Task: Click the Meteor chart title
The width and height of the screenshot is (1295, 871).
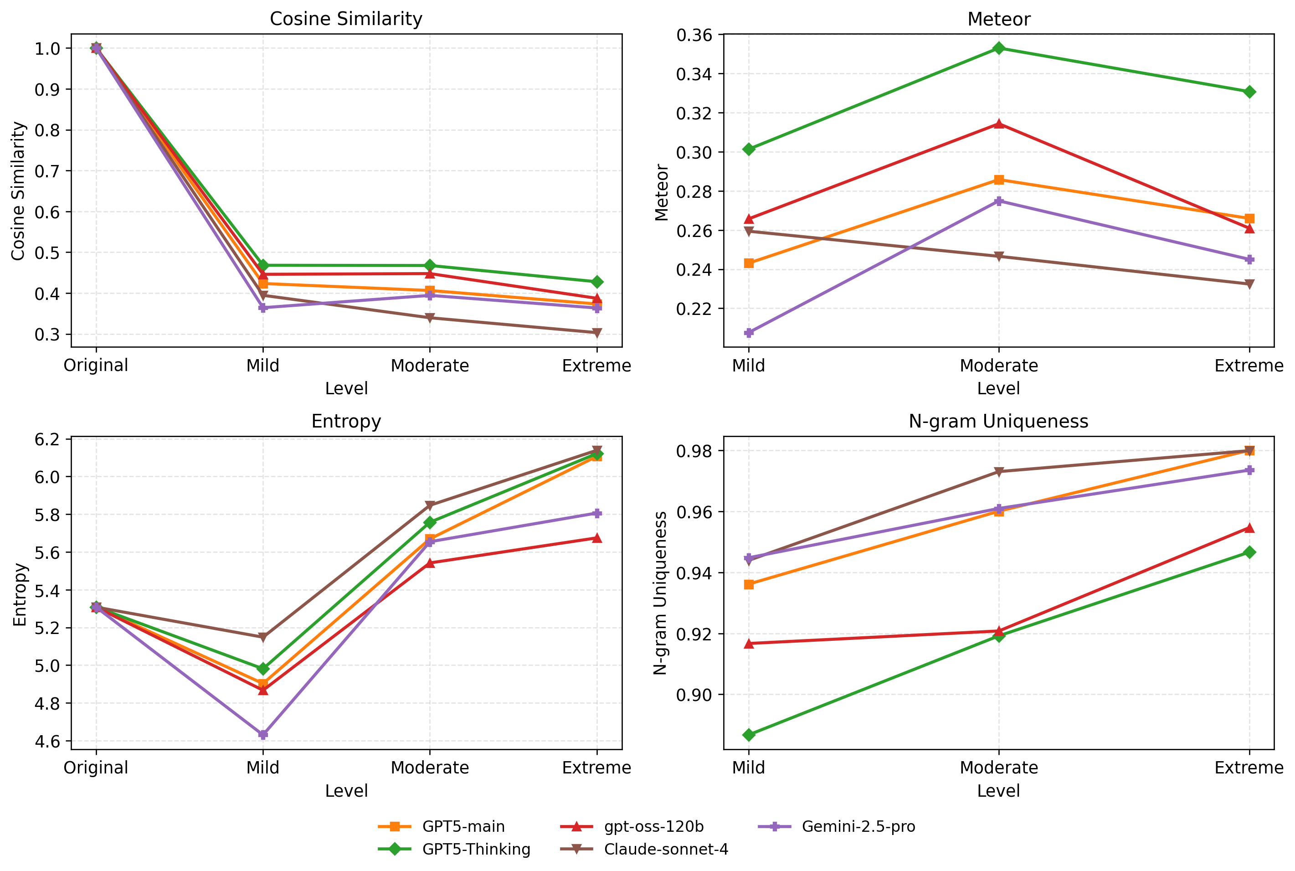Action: [x=998, y=20]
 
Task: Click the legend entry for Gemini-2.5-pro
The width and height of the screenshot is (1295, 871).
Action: [x=858, y=827]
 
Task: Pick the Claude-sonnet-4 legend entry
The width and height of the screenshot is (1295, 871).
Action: [x=666, y=849]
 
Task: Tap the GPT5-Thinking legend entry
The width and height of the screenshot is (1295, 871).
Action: [x=476, y=849]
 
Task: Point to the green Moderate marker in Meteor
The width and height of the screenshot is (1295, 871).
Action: [x=999, y=48]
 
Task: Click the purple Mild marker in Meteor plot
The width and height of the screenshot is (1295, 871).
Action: [x=749, y=333]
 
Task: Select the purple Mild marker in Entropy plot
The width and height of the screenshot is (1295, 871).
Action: [x=263, y=734]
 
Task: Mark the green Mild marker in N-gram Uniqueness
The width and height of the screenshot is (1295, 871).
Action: [x=749, y=735]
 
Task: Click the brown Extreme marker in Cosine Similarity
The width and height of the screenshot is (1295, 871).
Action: [x=597, y=333]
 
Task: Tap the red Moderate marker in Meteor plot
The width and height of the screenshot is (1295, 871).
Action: [x=999, y=124]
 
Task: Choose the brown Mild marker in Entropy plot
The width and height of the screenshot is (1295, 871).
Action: [x=263, y=637]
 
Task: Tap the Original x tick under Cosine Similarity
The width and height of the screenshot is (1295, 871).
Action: [x=96, y=366]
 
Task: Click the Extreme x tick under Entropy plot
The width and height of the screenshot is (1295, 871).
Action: [x=597, y=768]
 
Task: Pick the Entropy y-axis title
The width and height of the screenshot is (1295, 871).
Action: [x=20, y=594]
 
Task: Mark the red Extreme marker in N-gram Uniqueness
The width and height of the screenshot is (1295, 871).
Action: [x=1249, y=528]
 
